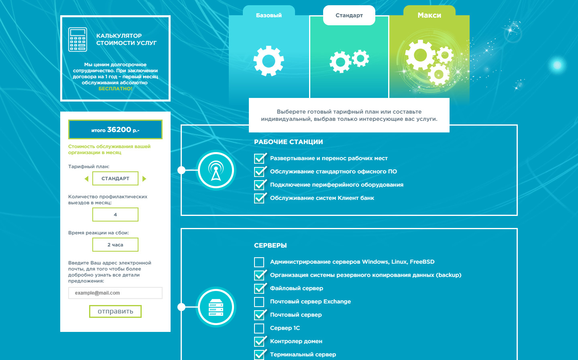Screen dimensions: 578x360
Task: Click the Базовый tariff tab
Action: [269, 15]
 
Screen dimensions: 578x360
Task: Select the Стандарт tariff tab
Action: [349, 15]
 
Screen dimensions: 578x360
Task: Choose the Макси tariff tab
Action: [429, 15]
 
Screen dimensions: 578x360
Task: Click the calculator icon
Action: [77, 39]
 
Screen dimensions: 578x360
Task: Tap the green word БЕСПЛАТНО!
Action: [115, 89]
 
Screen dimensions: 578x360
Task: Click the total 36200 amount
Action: [119, 130]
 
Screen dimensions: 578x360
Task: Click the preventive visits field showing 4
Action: [115, 214]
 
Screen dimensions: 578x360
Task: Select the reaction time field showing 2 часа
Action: [115, 245]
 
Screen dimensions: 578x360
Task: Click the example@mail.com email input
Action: [115, 293]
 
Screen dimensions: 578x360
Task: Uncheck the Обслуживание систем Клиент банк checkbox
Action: [259, 198]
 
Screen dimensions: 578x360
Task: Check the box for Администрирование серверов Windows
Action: [259, 262]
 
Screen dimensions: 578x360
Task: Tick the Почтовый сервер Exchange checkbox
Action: [259, 302]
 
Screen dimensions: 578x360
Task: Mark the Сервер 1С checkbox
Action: [259, 328]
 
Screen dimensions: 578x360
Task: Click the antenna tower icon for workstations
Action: [216, 170]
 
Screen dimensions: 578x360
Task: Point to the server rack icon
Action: [216, 307]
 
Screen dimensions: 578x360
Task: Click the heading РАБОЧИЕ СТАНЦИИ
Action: [289, 142]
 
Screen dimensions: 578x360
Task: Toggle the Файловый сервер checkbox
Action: [259, 289]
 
